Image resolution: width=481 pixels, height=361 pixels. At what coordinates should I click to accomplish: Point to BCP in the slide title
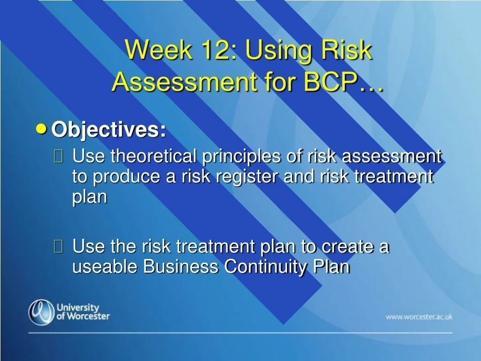(x=331, y=82)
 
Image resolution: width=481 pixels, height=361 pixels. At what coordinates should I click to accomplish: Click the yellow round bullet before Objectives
(x=41, y=129)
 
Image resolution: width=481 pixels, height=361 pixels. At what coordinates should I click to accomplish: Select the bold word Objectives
(x=109, y=130)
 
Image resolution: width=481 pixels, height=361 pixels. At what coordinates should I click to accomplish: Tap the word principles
(x=241, y=157)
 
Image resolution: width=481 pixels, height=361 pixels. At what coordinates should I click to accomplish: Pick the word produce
(x=126, y=177)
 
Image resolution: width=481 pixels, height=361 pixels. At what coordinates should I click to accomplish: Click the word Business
(x=181, y=266)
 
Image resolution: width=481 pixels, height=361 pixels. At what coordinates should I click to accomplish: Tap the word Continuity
(x=265, y=267)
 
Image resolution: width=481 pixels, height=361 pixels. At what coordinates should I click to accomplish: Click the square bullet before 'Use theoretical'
(x=58, y=156)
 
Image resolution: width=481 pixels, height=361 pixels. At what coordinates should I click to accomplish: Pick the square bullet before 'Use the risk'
(x=58, y=246)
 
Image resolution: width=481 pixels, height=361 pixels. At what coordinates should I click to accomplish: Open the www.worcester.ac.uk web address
(x=419, y=317)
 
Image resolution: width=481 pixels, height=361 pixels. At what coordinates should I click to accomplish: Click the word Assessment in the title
(x=185, y=82)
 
